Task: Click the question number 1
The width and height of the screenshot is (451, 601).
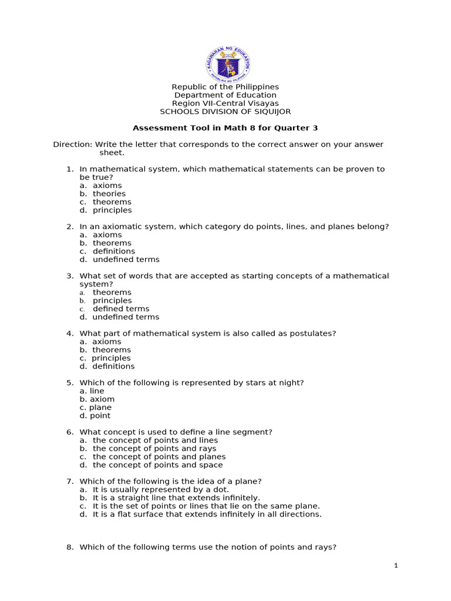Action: tap(69, 169)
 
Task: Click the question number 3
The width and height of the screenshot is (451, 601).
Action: tap(69, 276)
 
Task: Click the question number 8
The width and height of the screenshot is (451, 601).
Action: tap(69, 547)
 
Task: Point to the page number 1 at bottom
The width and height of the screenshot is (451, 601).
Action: tap(396, 566)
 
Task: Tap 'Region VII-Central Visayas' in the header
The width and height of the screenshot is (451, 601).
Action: tap(225, 103)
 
